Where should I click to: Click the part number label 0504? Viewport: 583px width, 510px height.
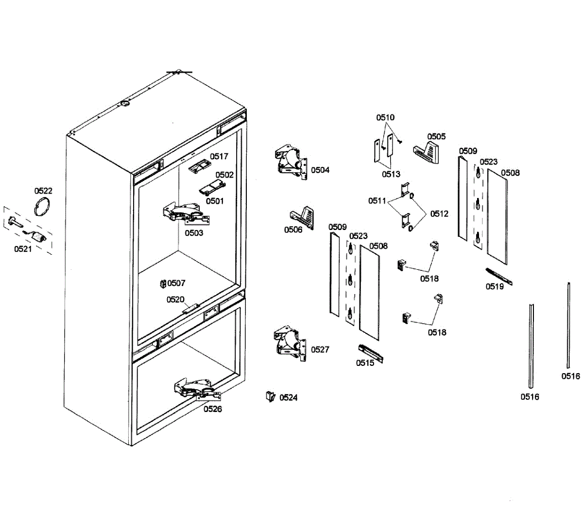320,170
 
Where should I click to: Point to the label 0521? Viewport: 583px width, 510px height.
23,249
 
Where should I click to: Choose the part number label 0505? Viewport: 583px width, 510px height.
436,136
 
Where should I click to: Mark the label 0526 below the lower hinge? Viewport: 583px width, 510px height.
212,409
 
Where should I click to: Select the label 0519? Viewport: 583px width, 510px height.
495,287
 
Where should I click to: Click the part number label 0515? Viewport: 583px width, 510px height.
365,363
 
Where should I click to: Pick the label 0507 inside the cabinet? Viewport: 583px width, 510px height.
176,283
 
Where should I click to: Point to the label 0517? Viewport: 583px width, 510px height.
219,156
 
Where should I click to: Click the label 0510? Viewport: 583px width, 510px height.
385,117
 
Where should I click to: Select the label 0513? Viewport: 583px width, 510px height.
391,175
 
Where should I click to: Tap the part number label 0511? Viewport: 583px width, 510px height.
377,201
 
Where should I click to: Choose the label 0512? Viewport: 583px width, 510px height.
439,214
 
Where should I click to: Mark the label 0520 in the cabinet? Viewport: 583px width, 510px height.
175,300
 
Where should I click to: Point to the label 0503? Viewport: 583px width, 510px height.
194,233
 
